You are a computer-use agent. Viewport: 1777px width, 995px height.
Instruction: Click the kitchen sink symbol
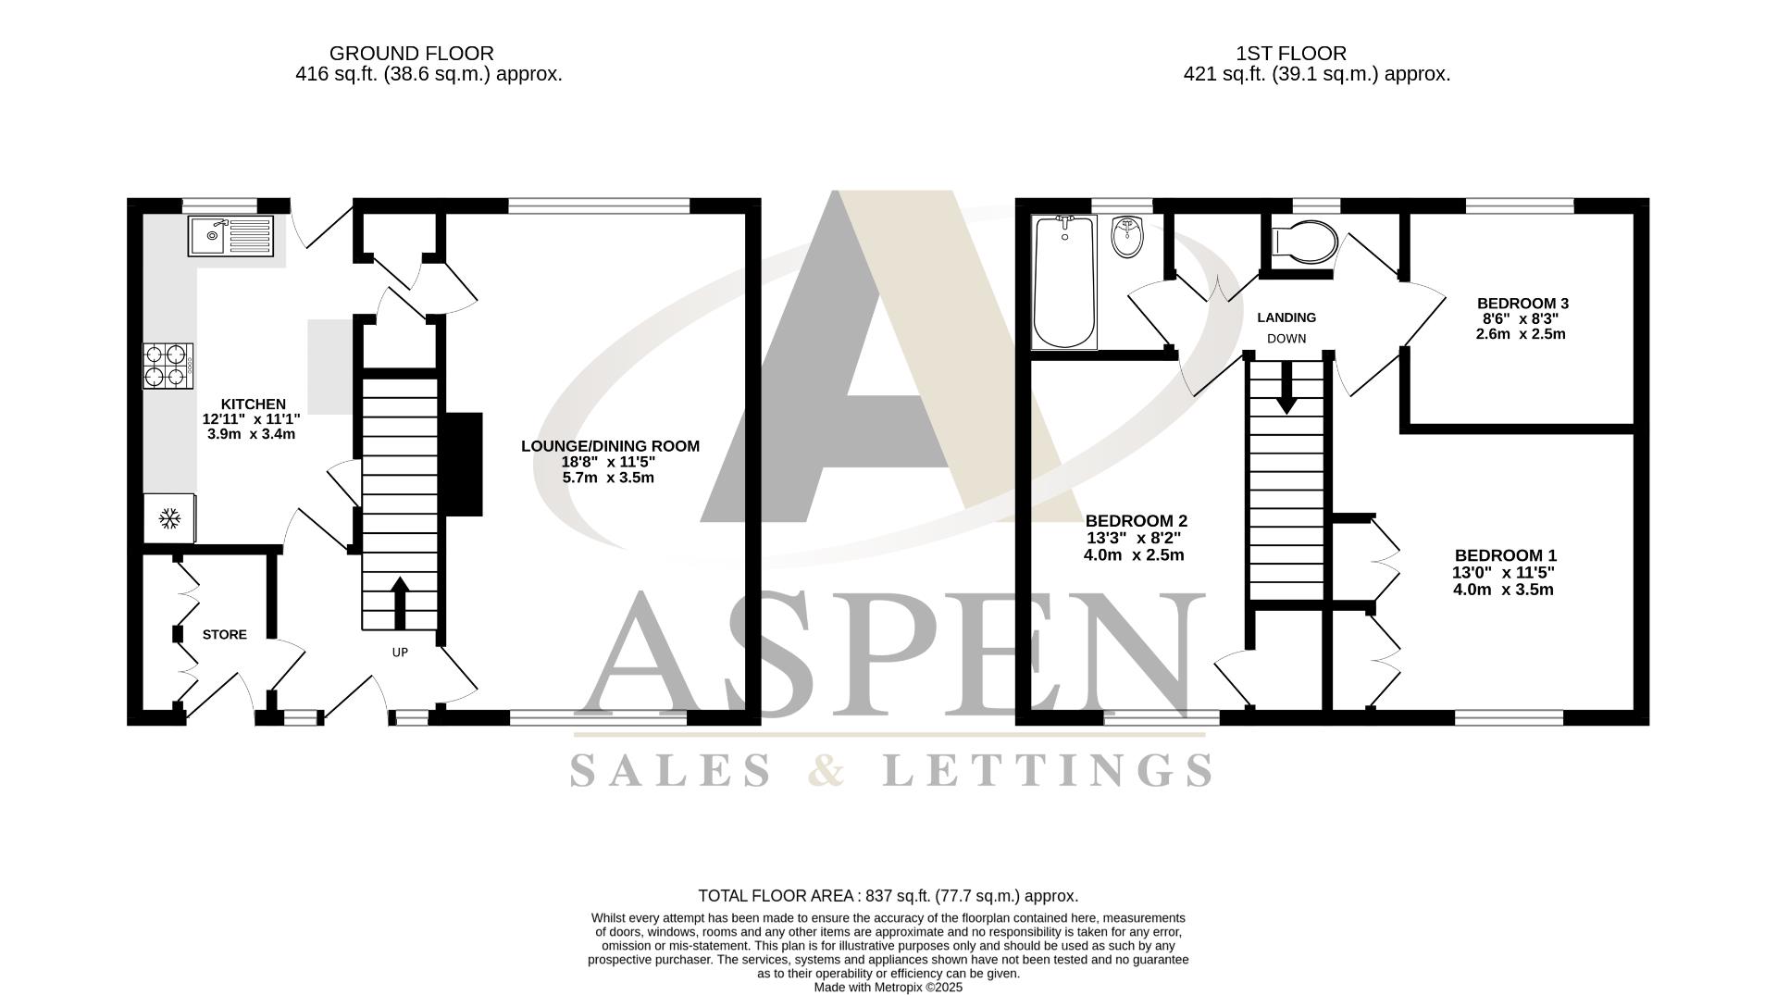231,236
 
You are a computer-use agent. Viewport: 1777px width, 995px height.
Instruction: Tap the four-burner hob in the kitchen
168,366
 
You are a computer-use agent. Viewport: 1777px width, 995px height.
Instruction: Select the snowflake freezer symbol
169,518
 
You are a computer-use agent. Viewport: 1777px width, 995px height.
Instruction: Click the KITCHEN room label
253,404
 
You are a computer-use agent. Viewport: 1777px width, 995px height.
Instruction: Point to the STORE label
225,635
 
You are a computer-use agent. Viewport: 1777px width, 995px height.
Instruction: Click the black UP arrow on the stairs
400,602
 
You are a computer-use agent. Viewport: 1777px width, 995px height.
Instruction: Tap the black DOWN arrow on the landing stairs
1286,389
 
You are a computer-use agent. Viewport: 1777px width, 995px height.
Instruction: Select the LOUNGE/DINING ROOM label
610,446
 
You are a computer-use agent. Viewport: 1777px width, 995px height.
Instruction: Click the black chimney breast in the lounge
465,464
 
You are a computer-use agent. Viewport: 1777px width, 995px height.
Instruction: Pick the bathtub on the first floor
1064,282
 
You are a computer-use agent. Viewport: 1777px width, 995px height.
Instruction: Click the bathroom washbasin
1127,237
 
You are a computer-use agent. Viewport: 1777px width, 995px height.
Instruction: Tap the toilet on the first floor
1305,243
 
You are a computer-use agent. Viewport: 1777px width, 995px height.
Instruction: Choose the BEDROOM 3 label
1522,304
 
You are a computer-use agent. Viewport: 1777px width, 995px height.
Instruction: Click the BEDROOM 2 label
1136,521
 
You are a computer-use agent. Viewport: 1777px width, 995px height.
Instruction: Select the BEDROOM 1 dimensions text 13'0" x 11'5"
1503,573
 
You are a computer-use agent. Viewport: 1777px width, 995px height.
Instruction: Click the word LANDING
1286,317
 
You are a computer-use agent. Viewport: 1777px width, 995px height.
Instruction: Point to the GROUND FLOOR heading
411,54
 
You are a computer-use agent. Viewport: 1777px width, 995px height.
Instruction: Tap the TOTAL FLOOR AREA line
888,896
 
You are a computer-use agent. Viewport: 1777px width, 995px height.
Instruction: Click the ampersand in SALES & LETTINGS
826,770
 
